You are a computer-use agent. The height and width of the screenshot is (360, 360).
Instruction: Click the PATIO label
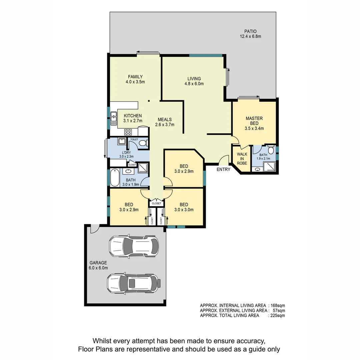[250, 31]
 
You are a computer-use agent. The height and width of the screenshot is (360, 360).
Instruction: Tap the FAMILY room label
[135, 77]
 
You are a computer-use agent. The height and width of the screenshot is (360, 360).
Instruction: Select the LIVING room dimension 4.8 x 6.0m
[194, 84]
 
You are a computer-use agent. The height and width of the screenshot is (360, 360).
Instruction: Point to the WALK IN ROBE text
[242, 159]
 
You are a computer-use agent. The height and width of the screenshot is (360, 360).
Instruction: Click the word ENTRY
[223, 169]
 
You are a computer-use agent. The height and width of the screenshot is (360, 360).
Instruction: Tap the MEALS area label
[165, 120]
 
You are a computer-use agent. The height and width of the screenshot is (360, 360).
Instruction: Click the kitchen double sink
[114, 118]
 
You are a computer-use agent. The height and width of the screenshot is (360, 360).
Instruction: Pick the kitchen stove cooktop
[128, 132]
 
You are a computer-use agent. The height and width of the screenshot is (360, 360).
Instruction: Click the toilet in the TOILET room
[143, 143]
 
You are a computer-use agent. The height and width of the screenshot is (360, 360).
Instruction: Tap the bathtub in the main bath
[114, 178]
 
